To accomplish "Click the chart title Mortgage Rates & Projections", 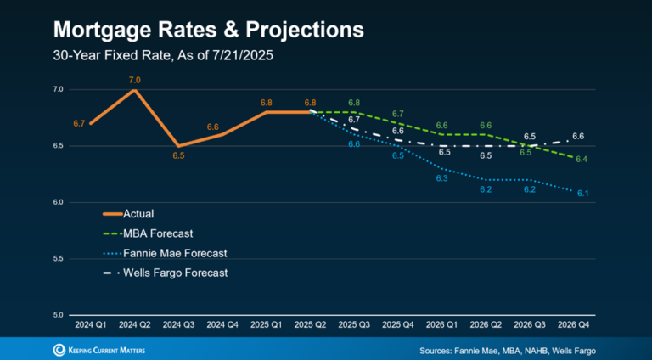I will (x=208, y=30).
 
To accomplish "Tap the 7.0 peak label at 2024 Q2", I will (x=134, y=80).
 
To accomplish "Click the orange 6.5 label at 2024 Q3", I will (x=179, y=156).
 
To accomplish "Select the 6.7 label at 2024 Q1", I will (x=79, y=124).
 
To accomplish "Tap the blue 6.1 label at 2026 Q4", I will (x=583, y=194).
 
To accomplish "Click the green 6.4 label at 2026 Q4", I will (x=581, y=160).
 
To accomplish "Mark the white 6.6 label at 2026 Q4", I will (x=577, y=136).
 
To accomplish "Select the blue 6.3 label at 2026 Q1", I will (x=442, y=178).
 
